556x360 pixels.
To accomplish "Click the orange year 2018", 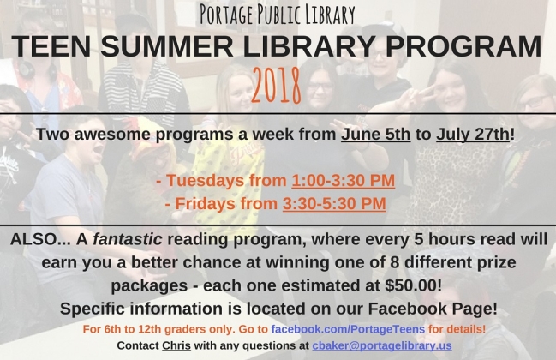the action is pyautogui.click(x=276, y=86).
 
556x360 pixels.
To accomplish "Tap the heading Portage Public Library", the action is pyautogui.click(x=278, y=14).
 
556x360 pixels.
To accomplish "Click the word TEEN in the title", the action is pyautogui.click(x=51, y=46).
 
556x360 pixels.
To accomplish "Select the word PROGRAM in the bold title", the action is pyautogui.click(x=463, y=46).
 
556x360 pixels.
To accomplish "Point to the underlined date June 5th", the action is pyautogui.click(x=376, y=134).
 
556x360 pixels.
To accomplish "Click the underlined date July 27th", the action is pyautogui.click(x=473, y=134).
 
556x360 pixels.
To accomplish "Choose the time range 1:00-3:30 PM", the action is pyautogui.click(x=344, y=180).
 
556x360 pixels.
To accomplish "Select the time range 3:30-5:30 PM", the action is pyautogui.click(x=334, y=204).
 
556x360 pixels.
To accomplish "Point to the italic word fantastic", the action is pyautogui.click(x=128, y=239).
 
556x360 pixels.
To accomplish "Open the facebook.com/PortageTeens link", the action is pyautogui.click(x=348, y=329).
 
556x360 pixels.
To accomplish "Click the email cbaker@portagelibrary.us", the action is pyautogui.click(x=382, y=345).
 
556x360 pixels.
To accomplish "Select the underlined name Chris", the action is pyautogui.click(x=176, y=345).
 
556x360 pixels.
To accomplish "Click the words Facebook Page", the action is pyautogui.click(x=430, y=309).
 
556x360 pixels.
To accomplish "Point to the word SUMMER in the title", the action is pyautogui.click(x=167, y=46).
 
